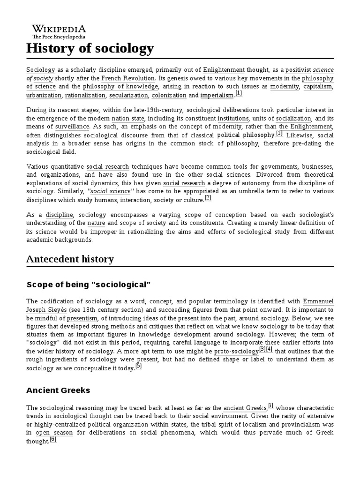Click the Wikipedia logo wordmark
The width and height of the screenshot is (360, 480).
(59, 29)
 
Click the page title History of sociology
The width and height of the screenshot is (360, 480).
(90, 48)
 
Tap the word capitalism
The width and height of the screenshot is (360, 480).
(318, 87)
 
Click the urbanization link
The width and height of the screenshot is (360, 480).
(44, 95)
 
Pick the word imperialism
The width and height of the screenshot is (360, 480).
(217, 95)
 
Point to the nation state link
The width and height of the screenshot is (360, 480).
(127, 119)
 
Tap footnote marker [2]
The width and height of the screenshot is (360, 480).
(208, 198)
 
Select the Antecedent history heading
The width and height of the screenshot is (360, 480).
(70, 259)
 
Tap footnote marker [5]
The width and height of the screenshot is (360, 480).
(138, 366)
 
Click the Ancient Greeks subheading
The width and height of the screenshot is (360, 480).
(58, 390)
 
